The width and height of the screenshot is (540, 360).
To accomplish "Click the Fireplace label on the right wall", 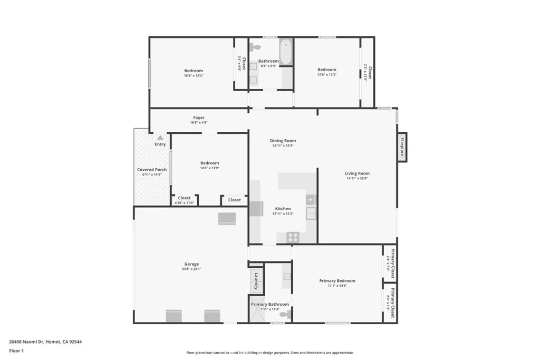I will tap(401, 147).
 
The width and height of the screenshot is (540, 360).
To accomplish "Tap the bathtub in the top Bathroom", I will tap(285, 52).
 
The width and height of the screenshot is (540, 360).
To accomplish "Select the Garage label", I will tap(191, 264).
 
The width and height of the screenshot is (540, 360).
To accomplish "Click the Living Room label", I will tap(357, 173).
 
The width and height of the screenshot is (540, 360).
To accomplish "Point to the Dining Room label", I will tap(283, 141).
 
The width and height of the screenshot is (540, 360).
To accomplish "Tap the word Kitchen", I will tap(283, 209).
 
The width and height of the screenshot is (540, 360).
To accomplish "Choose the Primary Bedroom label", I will tap(337, 281).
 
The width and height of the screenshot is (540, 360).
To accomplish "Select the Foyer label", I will tap(198, 118).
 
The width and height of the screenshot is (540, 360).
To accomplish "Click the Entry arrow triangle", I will tap(160, 138).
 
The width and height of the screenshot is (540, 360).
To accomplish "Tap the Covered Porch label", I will tap(152, 170).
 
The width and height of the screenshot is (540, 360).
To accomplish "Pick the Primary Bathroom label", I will tap(269, 304).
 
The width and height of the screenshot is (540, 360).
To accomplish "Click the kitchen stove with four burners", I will tap(293, 237).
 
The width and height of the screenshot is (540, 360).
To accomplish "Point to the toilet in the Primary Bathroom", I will tap(284, 315).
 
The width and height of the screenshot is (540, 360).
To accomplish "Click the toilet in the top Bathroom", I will tap(257, 47).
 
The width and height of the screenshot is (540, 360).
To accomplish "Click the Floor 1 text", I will tap(17, 351).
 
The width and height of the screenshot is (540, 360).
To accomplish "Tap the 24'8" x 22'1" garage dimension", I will tap(191, 269).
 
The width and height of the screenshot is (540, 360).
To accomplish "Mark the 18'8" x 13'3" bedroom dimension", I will tap(193, 75).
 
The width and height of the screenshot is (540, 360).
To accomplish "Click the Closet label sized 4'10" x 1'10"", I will tap(184, 198).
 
